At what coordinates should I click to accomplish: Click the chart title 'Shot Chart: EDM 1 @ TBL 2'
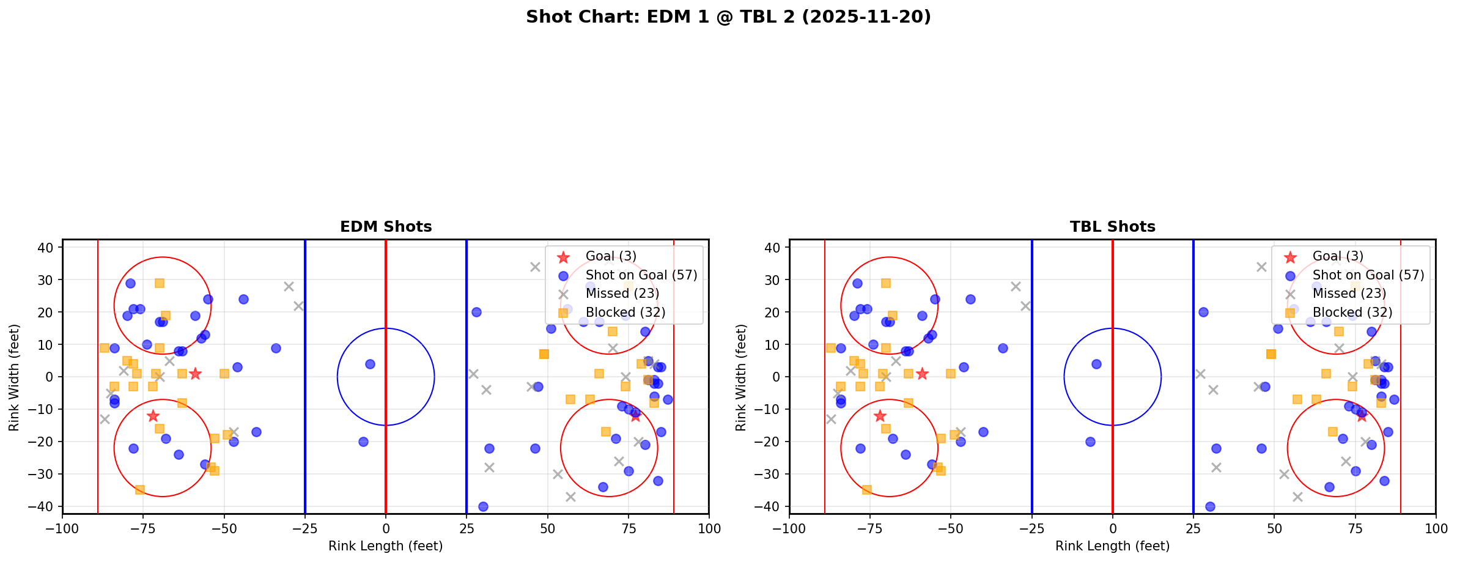click(x=728, y=17)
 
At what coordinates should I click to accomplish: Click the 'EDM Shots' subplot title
click(x=386, y=227)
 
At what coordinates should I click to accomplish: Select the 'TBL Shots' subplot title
click(x=1112, y=227)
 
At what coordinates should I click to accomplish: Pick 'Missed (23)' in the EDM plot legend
click(x=622, y=294)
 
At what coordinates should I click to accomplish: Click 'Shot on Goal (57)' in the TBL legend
click(x=1368, y=275)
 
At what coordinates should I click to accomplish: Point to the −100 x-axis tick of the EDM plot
click(x=62, y=528)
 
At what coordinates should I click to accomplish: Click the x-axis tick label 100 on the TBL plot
click(x=1436, y=528)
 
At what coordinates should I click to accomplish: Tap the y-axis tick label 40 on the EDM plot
click(x=50, y=248)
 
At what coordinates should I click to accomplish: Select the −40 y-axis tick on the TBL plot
click(x=772, y=507)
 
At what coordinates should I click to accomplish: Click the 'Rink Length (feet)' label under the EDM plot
click(x=386, y=546)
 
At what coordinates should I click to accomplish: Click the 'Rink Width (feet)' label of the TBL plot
click(x=741, y=377)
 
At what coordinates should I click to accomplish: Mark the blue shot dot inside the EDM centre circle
click(x=370, y=364)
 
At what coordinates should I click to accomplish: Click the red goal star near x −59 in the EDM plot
click(x=195, y=374)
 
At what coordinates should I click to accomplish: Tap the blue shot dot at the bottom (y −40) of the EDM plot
click(x=483, y=506)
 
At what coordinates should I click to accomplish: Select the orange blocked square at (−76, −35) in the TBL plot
click(x=866, y=490)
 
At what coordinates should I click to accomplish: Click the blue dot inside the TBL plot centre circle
click(x=1096, y=364)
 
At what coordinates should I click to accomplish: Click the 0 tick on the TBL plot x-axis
click(x=1112, y=528)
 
